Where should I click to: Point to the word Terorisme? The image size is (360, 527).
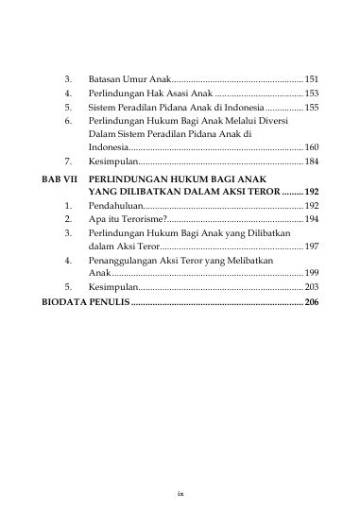139,218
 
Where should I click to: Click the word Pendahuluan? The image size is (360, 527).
118,204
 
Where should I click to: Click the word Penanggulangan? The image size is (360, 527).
127,259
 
